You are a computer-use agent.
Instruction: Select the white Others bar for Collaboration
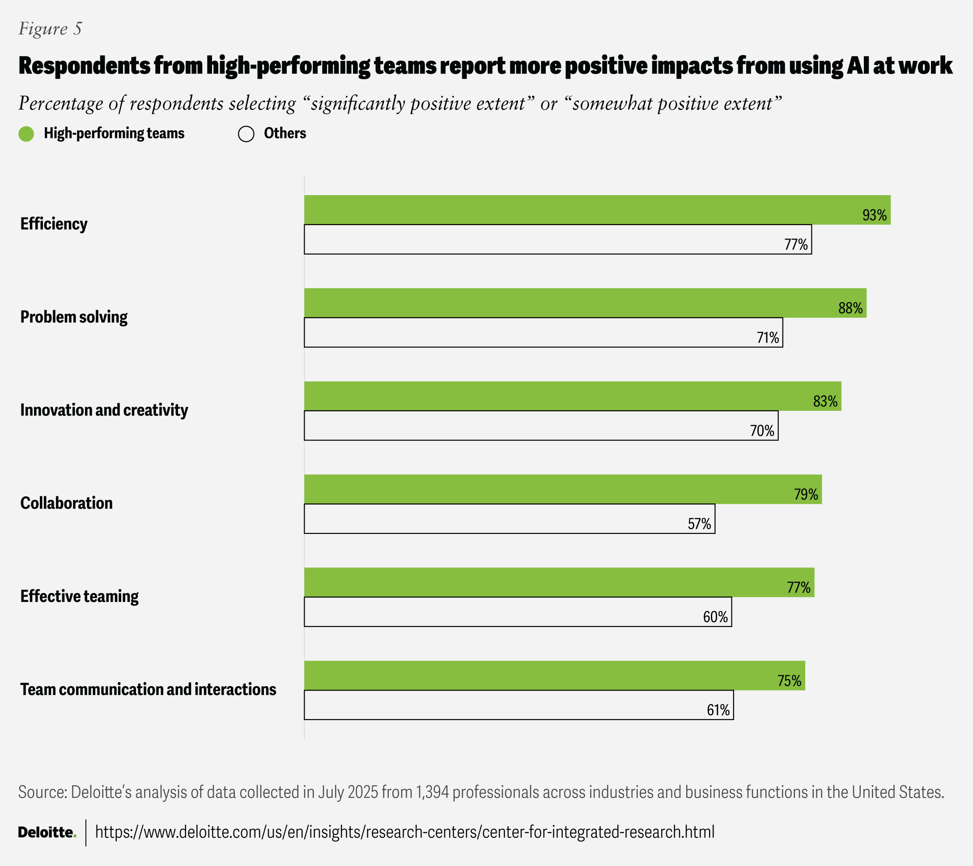(510, 519)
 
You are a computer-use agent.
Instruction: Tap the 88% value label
(850, 308)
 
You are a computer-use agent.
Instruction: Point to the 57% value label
(699, 524)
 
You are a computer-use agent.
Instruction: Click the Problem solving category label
(74, 317)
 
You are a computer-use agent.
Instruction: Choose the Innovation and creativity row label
(104, 410)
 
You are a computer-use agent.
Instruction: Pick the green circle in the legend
(26, 134)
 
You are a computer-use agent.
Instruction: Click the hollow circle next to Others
(246, 134)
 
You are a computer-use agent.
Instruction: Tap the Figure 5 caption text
(50, 29)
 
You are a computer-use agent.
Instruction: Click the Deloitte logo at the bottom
(47, 832)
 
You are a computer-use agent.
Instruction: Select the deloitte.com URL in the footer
(404, 832)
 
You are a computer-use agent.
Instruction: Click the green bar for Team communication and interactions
(555, 675)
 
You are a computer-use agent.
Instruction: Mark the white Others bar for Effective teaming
(518, 612)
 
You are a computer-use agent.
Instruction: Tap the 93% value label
(875, 215)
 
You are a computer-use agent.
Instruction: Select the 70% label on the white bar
(762, 431)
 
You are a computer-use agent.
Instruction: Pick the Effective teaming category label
(79, 597)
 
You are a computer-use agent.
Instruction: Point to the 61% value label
(718, 710)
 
